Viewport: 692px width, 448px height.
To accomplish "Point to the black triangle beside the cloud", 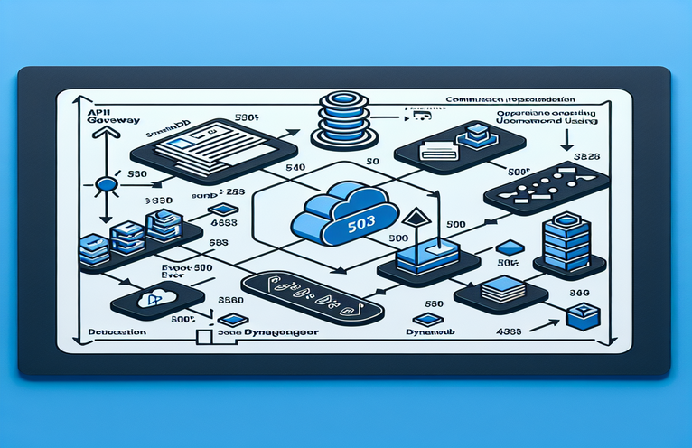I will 416,218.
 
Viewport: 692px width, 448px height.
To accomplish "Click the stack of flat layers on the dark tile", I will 498,291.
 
